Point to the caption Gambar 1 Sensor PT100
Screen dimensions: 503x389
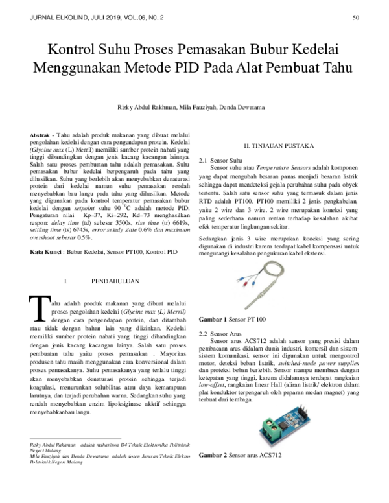pos(231,320)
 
